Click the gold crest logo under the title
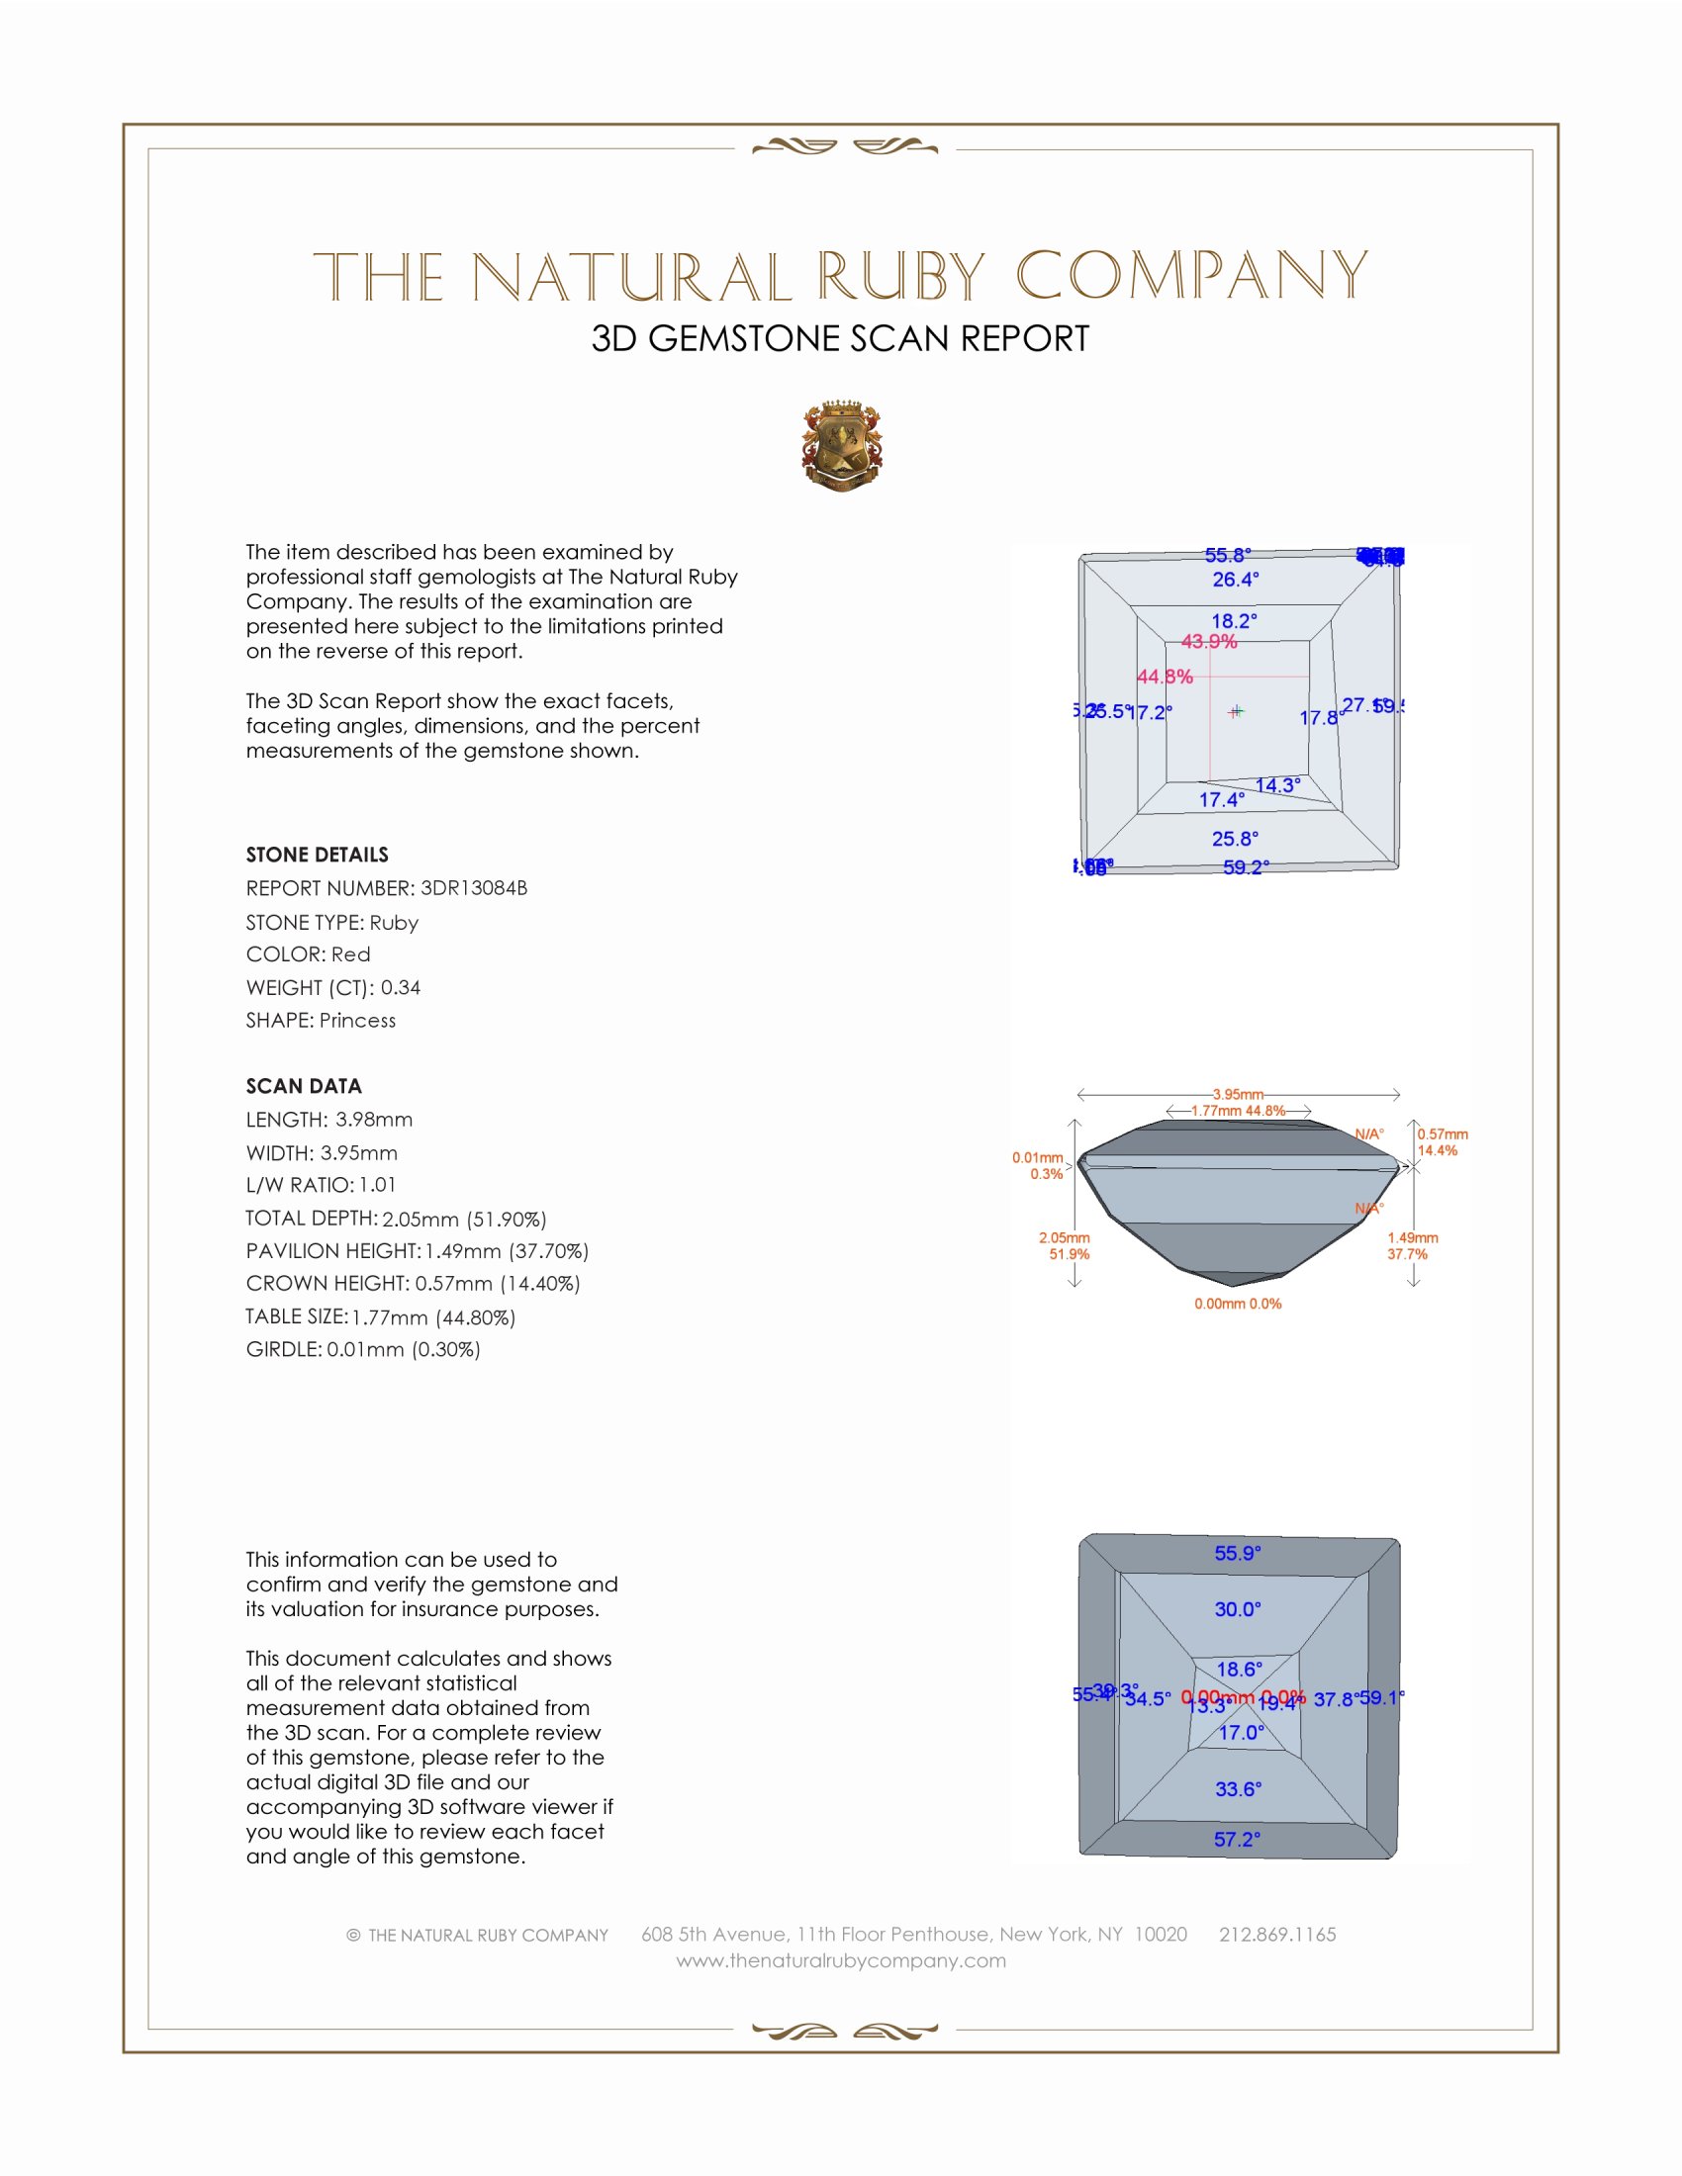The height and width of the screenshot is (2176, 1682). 842,446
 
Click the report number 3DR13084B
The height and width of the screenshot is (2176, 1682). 473,888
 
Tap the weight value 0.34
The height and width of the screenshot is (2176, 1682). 401,987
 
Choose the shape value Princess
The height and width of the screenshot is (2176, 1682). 358,1021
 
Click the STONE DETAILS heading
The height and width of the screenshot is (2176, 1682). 317,855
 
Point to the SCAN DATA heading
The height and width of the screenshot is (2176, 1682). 304,1086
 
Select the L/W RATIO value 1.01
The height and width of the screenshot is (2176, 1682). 378,1185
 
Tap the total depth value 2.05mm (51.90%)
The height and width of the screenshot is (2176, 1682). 464,1219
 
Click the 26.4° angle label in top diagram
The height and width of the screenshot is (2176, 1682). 1236,579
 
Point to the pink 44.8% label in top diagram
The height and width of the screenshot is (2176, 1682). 1165,677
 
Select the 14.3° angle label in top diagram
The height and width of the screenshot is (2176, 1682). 1277,785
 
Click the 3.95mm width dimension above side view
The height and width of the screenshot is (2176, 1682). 1238,1094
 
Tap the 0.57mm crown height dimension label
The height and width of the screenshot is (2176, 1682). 1442,1133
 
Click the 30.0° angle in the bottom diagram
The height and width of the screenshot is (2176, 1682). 1238,1609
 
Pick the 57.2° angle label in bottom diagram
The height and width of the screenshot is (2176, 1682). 1237,1840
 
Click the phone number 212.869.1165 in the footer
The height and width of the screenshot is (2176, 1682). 1277,1935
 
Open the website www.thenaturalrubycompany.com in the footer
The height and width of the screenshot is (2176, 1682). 841,1960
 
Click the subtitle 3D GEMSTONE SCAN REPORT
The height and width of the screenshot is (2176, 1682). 840,338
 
